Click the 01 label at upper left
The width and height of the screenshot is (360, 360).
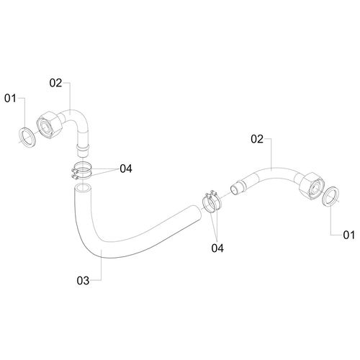[10, 99]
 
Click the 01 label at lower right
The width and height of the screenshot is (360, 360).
[348, 235]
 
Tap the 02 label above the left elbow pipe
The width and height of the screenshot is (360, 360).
[55, 83]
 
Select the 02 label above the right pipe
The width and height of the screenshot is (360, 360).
[257, 139]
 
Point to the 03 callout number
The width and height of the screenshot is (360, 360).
[83, 281]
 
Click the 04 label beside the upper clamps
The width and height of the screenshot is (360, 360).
[126, 169]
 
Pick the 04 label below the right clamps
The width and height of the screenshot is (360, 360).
[217, 248]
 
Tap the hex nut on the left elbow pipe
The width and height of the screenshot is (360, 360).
[50, 125]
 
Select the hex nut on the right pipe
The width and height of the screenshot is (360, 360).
[311, 186]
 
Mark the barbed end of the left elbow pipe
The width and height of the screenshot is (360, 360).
[83, 150]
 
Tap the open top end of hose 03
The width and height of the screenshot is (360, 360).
[82, 187]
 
